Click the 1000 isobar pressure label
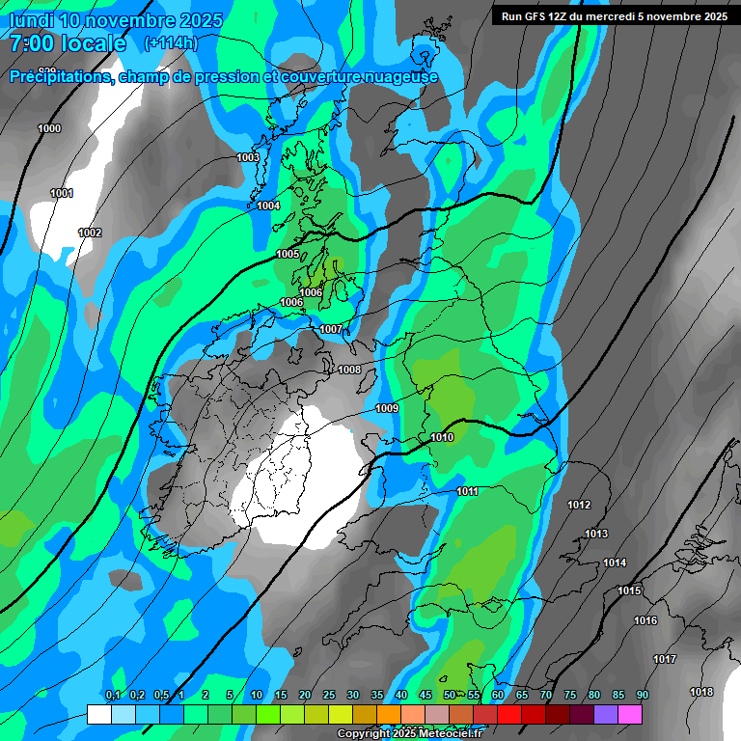point(49,128)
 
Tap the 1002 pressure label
point(90,233)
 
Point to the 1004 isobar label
point(268,206)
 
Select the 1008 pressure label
point(349,370)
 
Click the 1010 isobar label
point(442,437)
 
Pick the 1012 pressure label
point(579,505)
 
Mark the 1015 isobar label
point(629,590)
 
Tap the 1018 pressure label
point(701,692)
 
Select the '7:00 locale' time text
point(68,43)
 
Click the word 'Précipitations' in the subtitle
point(58,76)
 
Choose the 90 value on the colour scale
point(643,696)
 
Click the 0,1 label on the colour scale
point(113,696)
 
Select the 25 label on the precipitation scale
point(329,696)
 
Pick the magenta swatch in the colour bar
point(630,714)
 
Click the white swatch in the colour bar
point(98,714)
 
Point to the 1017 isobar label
point(664,659)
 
